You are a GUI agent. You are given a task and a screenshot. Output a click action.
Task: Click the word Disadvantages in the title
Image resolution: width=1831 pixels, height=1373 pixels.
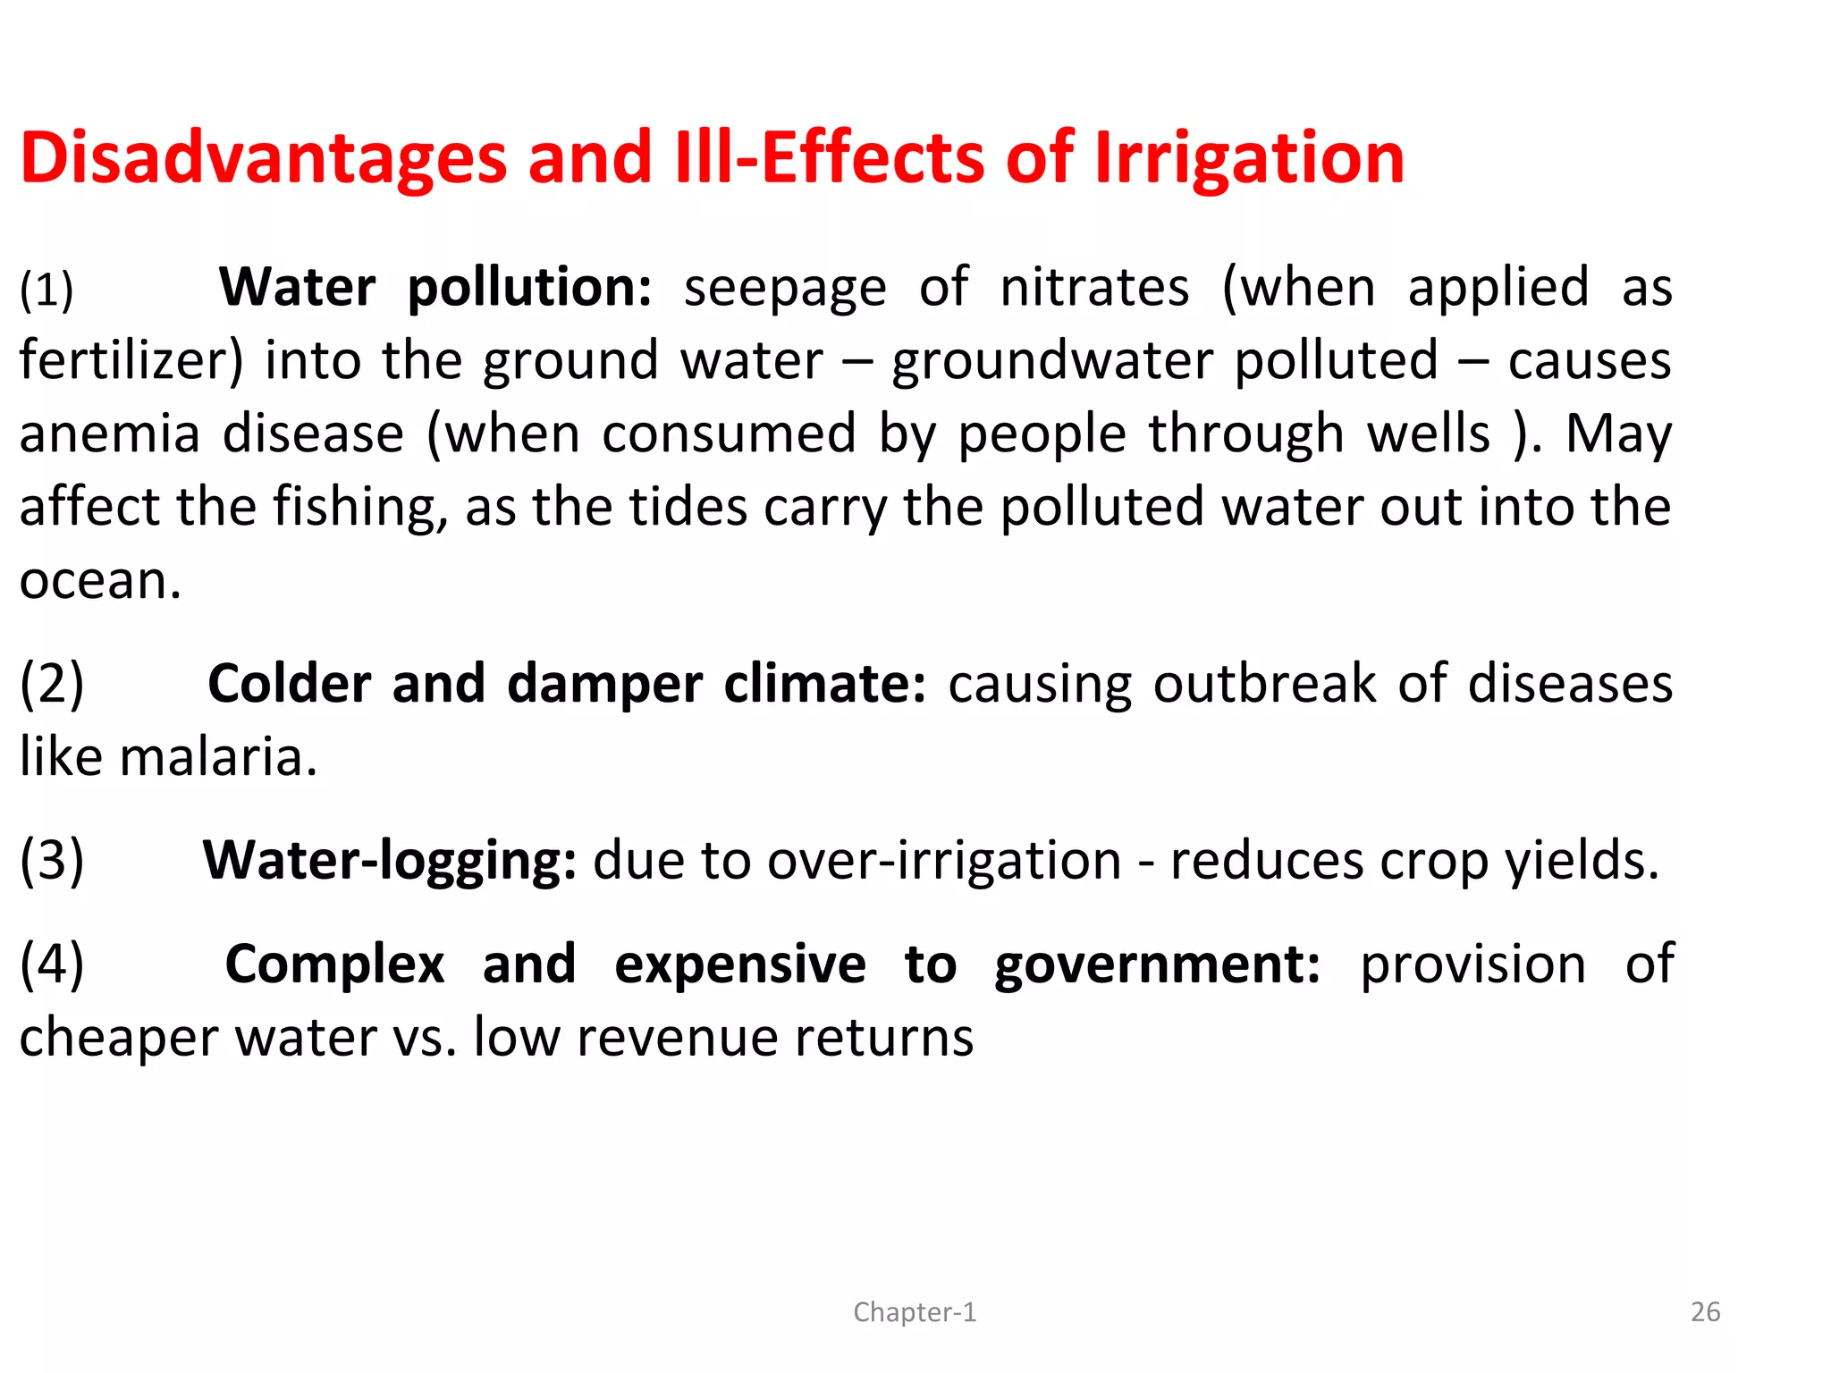pyautogui.click(x=264, y=159)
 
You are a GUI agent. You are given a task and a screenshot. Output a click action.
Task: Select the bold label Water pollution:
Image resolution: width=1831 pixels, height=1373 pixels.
pyautogui.click(x=435, y=288)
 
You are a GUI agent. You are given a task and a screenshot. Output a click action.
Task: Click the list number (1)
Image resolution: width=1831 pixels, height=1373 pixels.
pyautogui.click(x=46, y=291)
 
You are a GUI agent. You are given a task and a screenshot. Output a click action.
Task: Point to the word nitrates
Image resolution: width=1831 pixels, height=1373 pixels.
pyautogui.click(x=1094, y=288)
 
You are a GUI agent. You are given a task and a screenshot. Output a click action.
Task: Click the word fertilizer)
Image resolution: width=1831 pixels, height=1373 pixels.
pyautogui.click(x=131, y=361)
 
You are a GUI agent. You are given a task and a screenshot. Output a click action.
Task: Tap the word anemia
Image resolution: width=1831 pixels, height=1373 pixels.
pyautogui.click(x=109, y=434)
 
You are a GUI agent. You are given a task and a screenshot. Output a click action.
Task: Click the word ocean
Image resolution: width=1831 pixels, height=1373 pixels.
pyautogui.click(x=100, y=581)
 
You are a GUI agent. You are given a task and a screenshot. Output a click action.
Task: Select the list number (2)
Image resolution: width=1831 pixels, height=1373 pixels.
pyautogui.click(x=52, y=685)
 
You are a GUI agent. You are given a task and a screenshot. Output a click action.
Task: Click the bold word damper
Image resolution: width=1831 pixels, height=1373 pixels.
pyautogui.click(x=604, y=685)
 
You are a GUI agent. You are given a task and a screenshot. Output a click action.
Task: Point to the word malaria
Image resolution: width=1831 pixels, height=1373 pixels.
pyautogui.click(x=217, y=758)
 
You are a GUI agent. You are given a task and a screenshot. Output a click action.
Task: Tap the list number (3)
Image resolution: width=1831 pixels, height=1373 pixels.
pyautogui.click(x=52, y=861)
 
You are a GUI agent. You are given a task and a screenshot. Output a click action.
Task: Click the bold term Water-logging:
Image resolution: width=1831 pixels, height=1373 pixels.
pyautogui.click(x=390, y=861)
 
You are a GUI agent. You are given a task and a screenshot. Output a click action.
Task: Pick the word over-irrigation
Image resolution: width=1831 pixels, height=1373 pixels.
pyautogui.click(x=944, y=861)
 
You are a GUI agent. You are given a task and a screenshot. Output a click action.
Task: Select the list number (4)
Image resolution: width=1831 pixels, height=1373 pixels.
pyautogui.click(x=52, y=964)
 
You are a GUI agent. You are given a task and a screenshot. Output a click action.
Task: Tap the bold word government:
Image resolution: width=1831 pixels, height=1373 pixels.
pyautogui.click(x=1157, y=965)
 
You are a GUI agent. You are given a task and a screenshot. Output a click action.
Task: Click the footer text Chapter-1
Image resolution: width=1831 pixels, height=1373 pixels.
pyautogui.click(x=915, y=1312)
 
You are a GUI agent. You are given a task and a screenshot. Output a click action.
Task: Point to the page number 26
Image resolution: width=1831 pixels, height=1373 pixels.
pyautogui.click(x=1705, y=1312)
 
